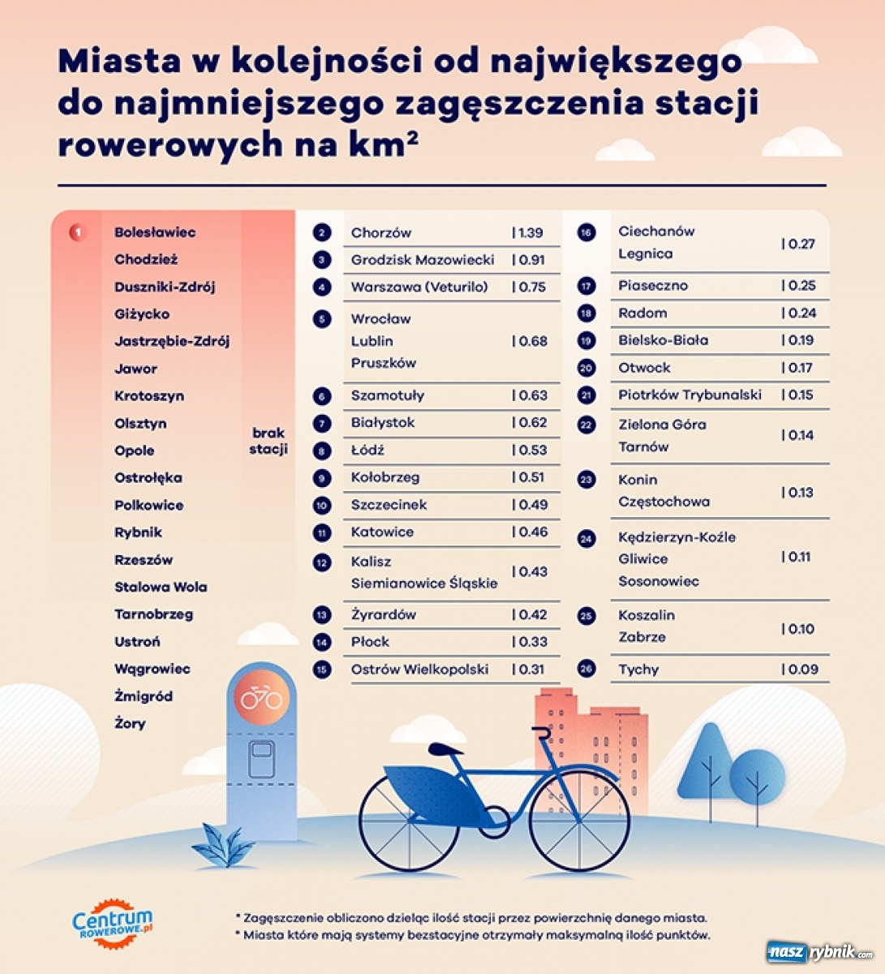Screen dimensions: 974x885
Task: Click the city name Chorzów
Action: pos(380,233)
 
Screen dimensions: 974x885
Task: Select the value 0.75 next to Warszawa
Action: pos(529,287)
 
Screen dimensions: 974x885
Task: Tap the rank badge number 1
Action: pos(78,233)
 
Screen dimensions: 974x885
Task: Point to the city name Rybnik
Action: pos(138,532)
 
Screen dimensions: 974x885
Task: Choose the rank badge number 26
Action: pos(586,670)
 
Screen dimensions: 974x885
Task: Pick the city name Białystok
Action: pos(382,423)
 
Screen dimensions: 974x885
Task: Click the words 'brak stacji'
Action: pos(269,442)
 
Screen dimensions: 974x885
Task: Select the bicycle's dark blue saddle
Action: pos(445,748)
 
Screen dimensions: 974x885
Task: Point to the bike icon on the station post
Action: pos(262,697)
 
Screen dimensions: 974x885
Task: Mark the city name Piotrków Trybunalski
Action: pos(690,395)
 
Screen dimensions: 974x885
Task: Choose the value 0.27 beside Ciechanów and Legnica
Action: pos(798,244)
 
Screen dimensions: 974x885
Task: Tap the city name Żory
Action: pos(130,724)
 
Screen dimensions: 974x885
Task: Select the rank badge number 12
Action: pos(322,562)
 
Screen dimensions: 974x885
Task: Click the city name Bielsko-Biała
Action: pos(663,341)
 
